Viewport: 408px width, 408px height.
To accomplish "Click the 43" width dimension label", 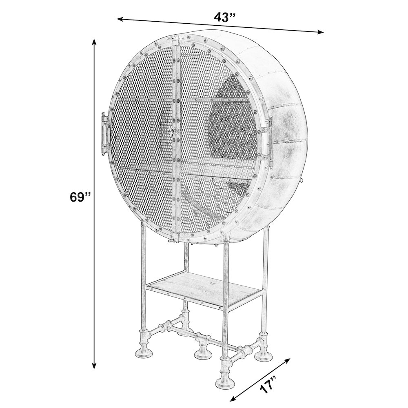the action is (x=225, y=18).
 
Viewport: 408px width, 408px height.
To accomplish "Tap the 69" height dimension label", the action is (x=80, y=197).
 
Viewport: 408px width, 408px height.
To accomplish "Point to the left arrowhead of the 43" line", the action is (x=120, y=19).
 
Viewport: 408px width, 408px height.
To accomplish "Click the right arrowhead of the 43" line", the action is (x=320, y=32).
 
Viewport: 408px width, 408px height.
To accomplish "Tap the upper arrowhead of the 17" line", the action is (x=287, y=360).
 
